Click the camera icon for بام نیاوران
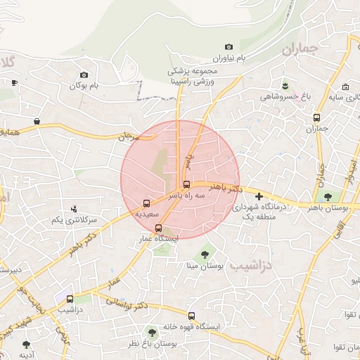pyautogui.click(x=229, y=46)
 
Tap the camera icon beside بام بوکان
pyautogui.click(x=84, y=75)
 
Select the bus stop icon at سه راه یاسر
pyautogui.click(x=186, y=185)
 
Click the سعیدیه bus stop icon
pyautogui.click(x=146, y=202)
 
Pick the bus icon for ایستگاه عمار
pyautogui.click(x=158, y=228)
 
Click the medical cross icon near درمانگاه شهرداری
pyautogui.click(x=259, y=196)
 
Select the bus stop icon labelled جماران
pyautogui.click(x=317, y=117)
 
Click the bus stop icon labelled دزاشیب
pyautogui.click(x=69, y=299)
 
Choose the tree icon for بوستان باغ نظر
pyautogui.click(x=152, y=330)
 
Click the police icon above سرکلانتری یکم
pyautogui.click(x=74, y=209)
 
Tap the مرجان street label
pyautogui.click(x=129, y=139)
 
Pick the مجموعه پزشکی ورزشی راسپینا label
pyautogui.click(x=191, y=77)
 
